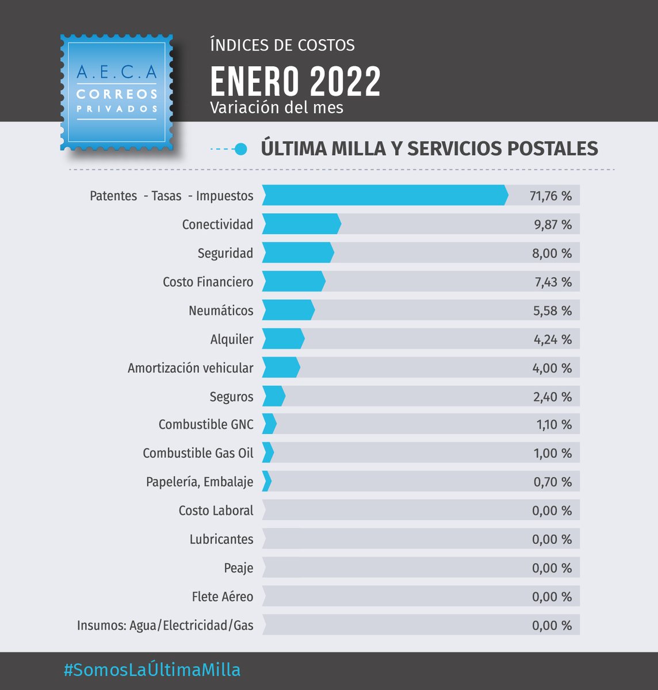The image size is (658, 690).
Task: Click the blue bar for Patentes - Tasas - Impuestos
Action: pyautogui.click(x=384, y=195)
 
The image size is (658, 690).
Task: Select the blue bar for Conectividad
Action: pyautogui.click(x=301, y=224)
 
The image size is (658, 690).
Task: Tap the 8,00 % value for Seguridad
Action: pyautogui.click(x=552, y=253)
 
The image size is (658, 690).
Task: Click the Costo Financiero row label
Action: pyautogui.click(x=208, y=282)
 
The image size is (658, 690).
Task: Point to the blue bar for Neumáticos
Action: pyautogui.click(x=288, y=310)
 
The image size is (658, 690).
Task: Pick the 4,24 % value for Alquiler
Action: pyautogui.click(x=552, y=339)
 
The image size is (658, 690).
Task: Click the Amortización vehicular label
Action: pyautogui.click(x=190, y=368)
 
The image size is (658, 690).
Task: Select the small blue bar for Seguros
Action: pyautogui.click(x=273, y=396)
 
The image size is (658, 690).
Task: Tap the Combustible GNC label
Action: pyautogui.click(x=206, y=424)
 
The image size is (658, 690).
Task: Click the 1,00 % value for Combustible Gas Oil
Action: pyautogui.click(x=552, y=453)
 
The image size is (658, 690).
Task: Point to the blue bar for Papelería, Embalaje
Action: pyautogui.click(x=266, y=481)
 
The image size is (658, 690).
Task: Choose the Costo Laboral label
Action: pyautogui.click(x=216, y=511)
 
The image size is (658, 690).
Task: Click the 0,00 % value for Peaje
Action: pyautogui.click(x=552, y=568)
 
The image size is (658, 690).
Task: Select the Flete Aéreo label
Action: pyautogui.click(x=222, y=597)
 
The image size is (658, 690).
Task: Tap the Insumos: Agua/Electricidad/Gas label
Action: pyautogui.click(x=165, y=626)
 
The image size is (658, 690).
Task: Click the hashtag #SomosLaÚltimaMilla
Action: pyautogui.click(x=152, y=670)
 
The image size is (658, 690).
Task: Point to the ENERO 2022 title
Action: pyautogui.click(x=295, y=82)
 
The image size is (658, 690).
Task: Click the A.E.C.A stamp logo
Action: pyautogui.click(x=117, y=92)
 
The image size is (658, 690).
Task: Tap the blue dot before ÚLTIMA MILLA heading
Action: pyautogui.click(x=242, y=149)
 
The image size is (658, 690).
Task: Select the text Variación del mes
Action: pyautogui.click(x=276, y=108)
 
